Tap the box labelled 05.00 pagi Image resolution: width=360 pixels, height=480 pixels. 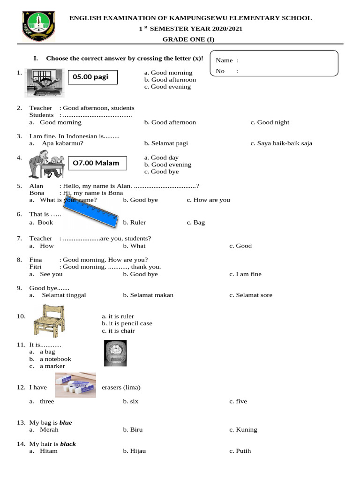click(90, 77)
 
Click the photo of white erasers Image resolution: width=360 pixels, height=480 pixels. click(75, 384)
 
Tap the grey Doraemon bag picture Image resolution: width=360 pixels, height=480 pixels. click(114, 353)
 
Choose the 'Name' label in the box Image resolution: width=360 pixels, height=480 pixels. click(224, 60)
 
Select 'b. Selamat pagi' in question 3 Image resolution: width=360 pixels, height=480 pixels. click(166, 143)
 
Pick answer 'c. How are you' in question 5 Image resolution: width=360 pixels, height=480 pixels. click(208, 200)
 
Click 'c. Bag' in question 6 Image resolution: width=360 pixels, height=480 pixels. click(195, 223)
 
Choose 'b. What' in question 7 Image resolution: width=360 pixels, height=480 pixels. click(134, 246)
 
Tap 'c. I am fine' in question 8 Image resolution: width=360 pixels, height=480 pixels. click(245, 274)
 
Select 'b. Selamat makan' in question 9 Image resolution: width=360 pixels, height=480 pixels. click(148, 295)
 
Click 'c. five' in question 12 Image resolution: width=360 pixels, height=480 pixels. click(238, 401)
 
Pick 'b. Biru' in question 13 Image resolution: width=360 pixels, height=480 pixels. click(133, 430)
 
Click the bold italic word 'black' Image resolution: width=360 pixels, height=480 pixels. click(68, 444)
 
